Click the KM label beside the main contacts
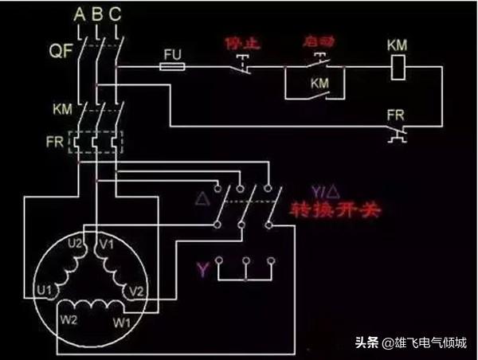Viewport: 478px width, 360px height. click(x=62, y=107)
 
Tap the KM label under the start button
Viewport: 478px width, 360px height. click(x=319, y=83)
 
